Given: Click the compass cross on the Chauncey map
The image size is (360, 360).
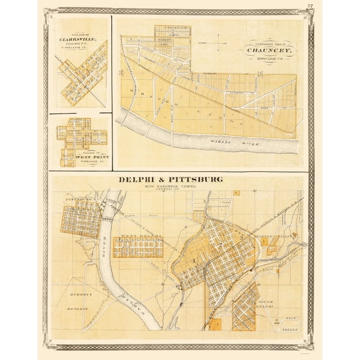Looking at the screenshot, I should coord(219,44).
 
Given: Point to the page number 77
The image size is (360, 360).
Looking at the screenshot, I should coord(309,6).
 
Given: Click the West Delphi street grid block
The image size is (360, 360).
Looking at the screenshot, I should coord(137,247).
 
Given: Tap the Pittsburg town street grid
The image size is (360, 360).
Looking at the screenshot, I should coord(80,217).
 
